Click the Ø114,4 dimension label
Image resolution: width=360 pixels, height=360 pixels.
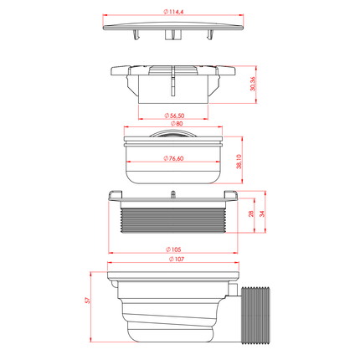pos(173,12)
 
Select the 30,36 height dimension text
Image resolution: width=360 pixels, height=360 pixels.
pos(253,84)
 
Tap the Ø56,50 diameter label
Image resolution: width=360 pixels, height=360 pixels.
pos(174,116)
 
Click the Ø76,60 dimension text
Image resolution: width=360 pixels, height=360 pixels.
pos(173,158)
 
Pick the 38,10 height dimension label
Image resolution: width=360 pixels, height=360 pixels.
pos(239,162)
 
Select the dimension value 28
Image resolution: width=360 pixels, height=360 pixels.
pos(251,213)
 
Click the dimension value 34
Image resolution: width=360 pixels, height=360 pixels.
pos(262,213)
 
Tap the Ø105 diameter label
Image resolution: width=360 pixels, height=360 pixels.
pos(173,249)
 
